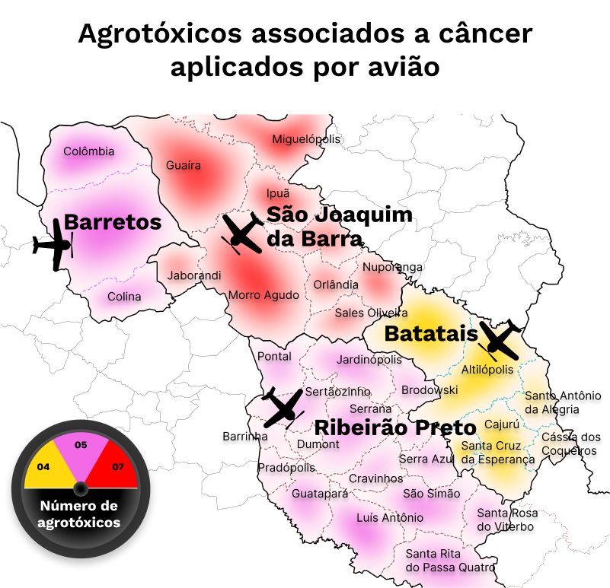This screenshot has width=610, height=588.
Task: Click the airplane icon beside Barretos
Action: pyautogui.click(x=53, y=244)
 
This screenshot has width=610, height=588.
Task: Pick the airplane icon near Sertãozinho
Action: pyautogui.click(x=281, y=407)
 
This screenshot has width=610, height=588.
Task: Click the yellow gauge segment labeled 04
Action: pyautogui.click(x=46, y=465)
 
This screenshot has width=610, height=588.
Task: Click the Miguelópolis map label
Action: pyautogui.click(x=306, y=139)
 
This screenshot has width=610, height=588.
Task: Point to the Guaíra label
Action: pyautogui.click(x=184, y=165)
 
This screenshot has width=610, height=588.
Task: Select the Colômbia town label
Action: pyautogui.click(x=89, y=151)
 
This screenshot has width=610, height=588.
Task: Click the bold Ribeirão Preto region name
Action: pyautogui.click(x=395, y=427)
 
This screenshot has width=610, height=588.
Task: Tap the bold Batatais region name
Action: pyautogui.click(x=430, y=333)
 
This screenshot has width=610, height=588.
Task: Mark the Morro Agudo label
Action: pyautogui.click(x=264, y=295)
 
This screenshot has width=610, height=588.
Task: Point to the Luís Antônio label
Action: pyautogui.click(x=390, y=518)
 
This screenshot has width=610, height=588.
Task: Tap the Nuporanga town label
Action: pyautogui.click(x=392, y=267)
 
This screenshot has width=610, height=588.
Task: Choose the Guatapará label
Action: pyautogui.click(x=320, y=494)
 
